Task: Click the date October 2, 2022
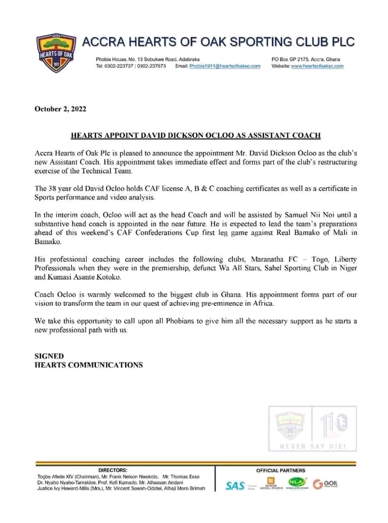coord(60,108)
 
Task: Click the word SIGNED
coord(49,356)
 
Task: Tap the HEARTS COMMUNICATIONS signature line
coord(88,365)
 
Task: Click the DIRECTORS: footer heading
coord(113,470)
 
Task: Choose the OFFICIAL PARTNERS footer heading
coord(280,470)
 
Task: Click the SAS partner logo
coord(235,485)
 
